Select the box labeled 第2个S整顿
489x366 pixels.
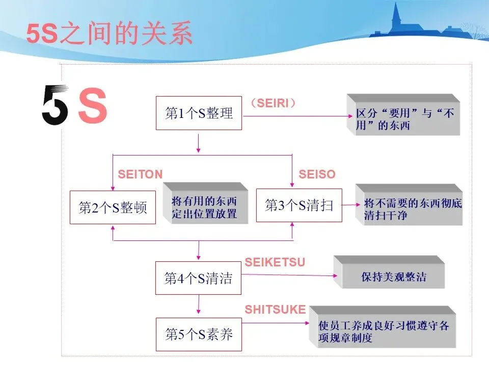coord(113,207)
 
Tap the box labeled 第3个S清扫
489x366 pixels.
coord(299,205)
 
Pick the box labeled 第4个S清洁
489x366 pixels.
coord(198,278)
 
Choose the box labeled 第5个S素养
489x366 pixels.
coord(198,334)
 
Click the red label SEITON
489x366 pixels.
coord(140,174)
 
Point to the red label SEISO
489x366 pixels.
coord(317,174)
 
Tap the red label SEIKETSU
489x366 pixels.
coord(275,262)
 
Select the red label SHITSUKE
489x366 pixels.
coord(275,310)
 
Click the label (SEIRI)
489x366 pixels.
coord(274,103)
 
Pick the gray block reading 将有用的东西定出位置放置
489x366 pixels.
coord(205,206)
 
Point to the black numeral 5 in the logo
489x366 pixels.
coord(55,105)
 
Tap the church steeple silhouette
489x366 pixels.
coord(396,18)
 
